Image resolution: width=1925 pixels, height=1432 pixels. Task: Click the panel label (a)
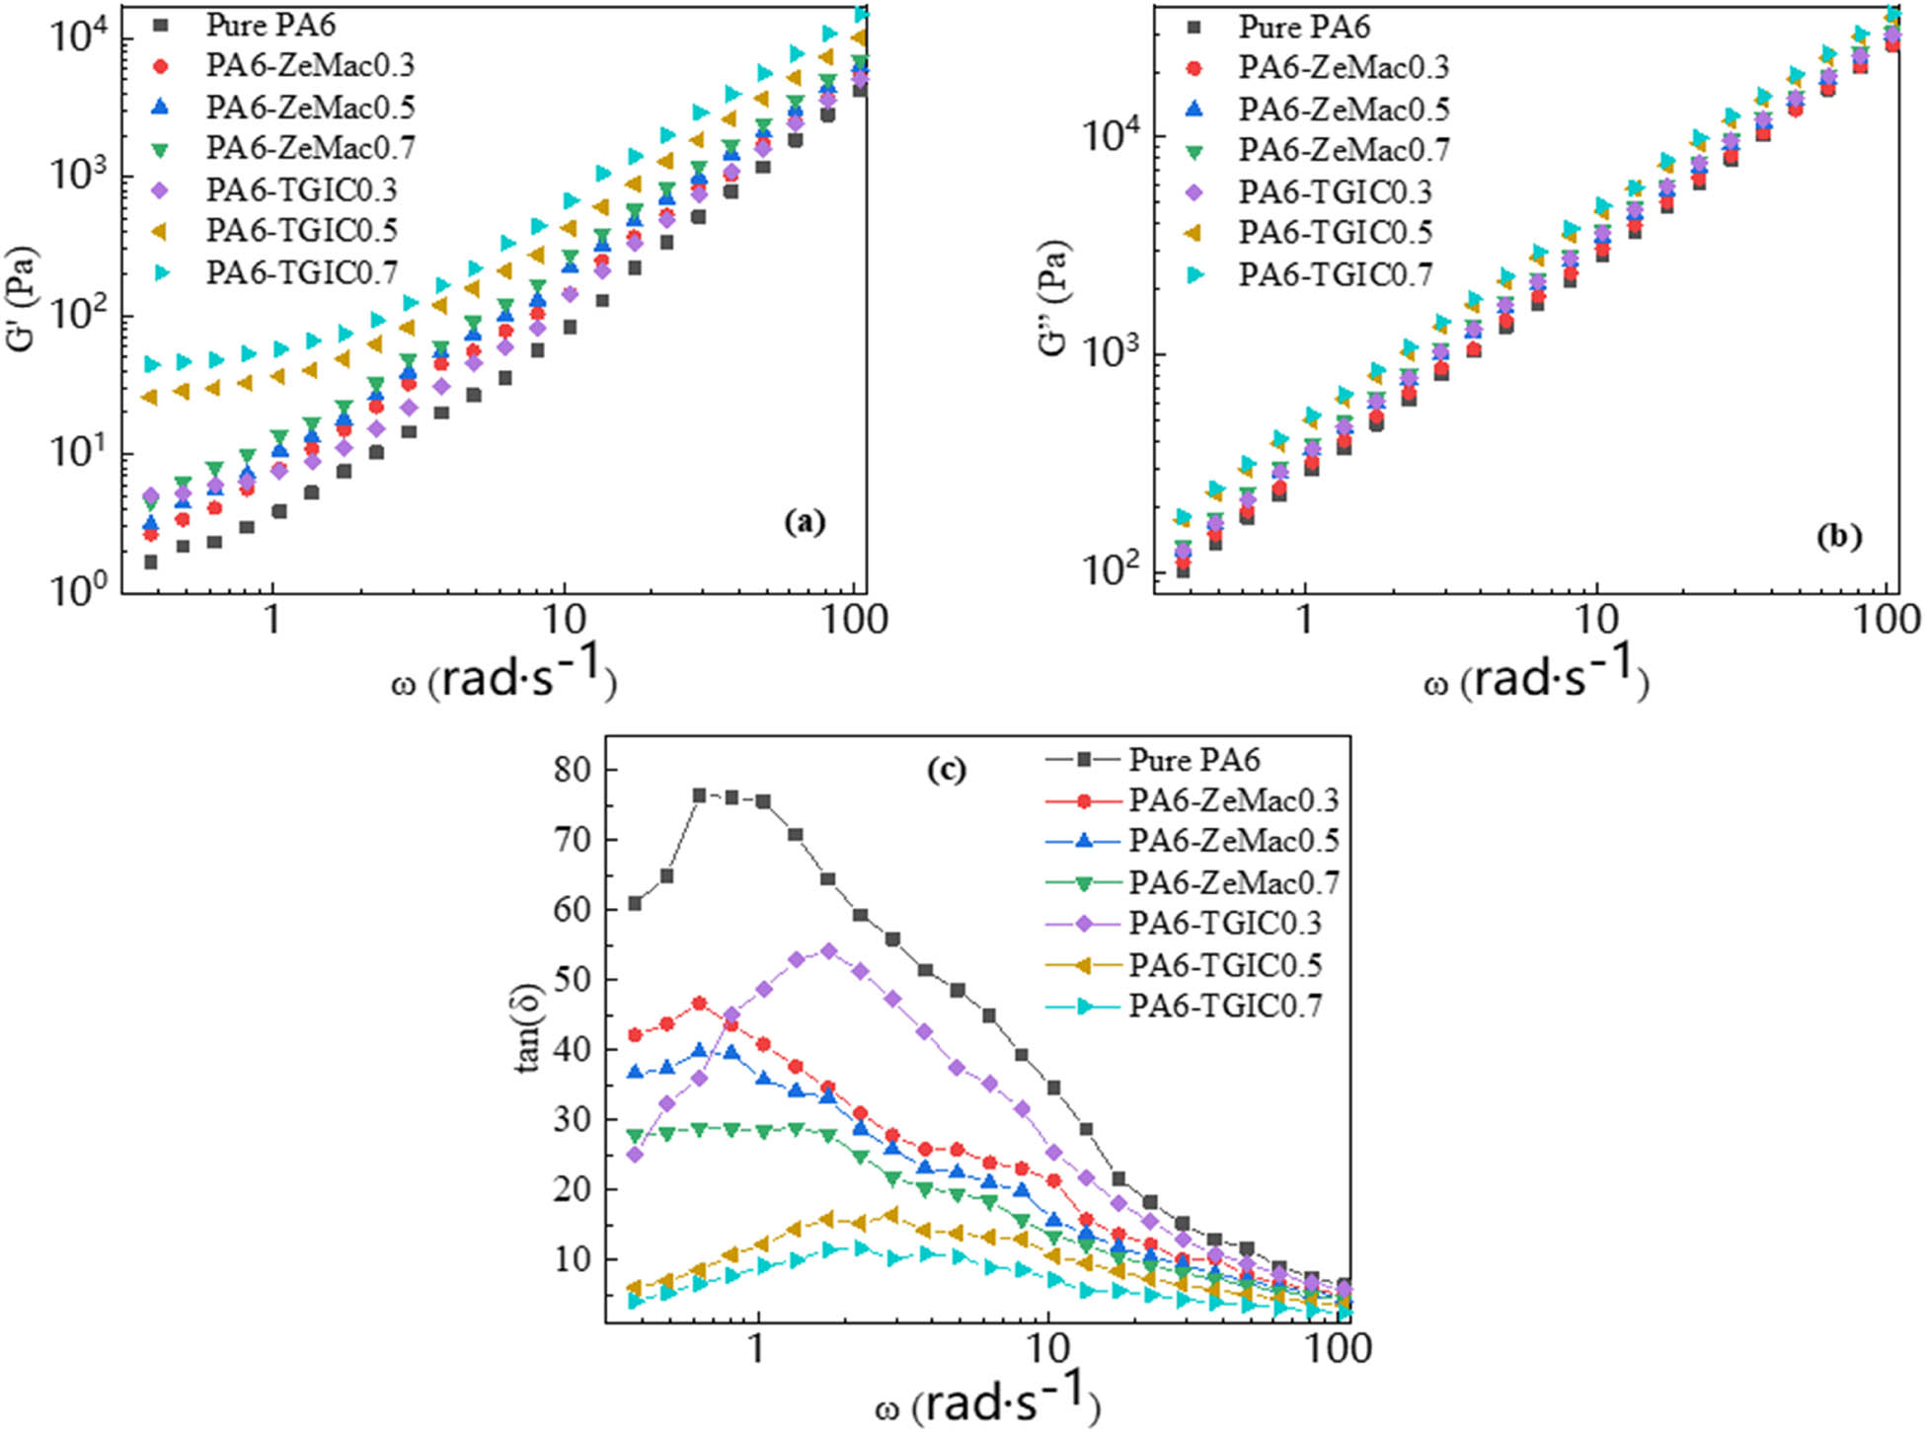[804, 521]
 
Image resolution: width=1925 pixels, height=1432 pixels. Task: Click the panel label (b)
[1838, 536]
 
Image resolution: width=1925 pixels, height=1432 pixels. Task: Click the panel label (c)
[946, 770]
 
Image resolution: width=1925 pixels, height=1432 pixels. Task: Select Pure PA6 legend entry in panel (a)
[269, 24]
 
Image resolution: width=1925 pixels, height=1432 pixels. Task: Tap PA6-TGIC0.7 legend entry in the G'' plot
[1335, 274]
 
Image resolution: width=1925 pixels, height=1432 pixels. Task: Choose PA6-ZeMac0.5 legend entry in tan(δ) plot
[1233, 841]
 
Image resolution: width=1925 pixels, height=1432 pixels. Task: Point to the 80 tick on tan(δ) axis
[572, 770]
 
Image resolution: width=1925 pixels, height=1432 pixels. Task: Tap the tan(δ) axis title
[529, 1026]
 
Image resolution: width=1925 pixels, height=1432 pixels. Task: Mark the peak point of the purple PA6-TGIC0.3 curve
[828, 951]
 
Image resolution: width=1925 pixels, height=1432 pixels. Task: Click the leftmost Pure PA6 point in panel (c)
[635, 903]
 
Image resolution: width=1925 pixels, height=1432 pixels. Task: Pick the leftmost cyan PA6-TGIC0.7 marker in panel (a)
[151, 364]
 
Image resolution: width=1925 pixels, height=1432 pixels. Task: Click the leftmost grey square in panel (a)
[151, 562]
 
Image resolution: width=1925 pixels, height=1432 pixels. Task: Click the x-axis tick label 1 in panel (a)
[271, 620]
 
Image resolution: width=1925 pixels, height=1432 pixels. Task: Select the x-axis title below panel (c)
[987, 1400]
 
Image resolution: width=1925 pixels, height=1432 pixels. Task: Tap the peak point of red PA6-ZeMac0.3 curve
[700, 1004]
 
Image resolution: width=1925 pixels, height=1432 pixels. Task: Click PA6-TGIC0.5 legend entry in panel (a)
[300, 231]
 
